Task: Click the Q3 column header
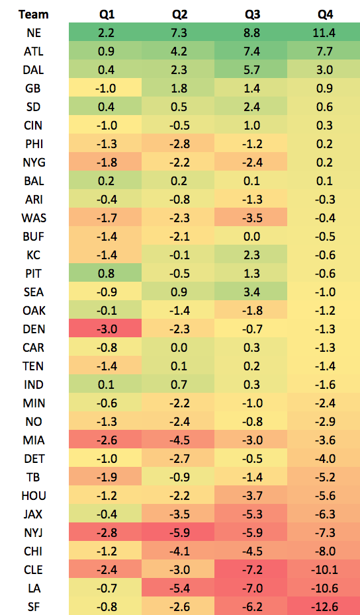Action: coord(252,15)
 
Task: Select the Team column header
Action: coord(33,15)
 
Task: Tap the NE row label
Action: coord(33,32)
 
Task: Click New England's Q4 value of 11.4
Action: coord(324,32)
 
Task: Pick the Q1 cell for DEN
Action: coord(105,329)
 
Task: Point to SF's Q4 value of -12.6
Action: coord(324,606)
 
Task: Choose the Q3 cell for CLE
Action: coord(251,569)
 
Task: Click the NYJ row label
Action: coord(33,532)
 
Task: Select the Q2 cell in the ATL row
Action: coord(178,51)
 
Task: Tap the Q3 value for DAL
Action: coord(251,69)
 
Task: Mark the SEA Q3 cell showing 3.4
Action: coord(251,292)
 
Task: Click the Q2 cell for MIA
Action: coord(178,440)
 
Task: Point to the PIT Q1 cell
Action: coord(105,273)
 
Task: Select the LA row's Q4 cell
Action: coord(324,588)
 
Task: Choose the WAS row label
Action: coord(33,218)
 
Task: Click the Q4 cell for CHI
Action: coord(324,551)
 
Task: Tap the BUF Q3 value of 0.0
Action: coord(251,236)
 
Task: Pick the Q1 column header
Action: coord(107,15)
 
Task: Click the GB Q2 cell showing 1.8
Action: coord(178,88)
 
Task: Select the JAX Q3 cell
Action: coord(251,514)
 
